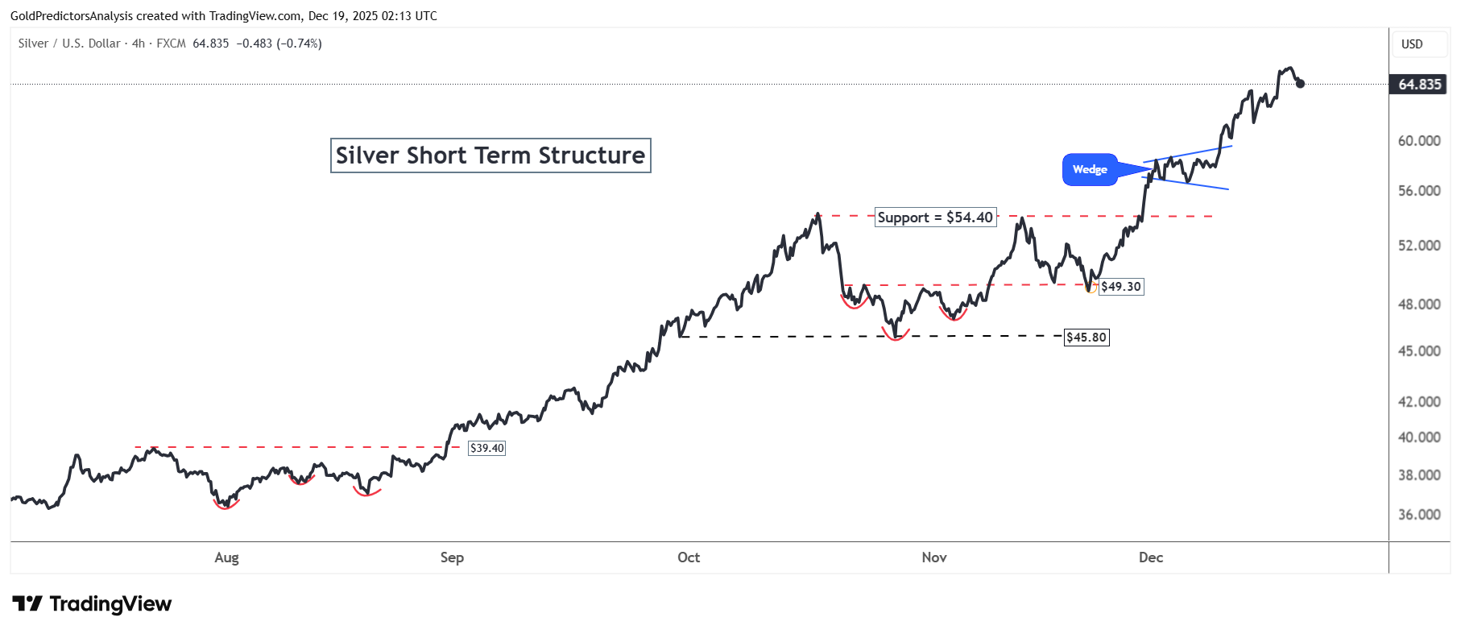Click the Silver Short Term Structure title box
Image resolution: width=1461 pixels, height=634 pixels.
pos(490,155)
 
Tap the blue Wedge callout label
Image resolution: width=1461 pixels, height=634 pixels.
pos(1090,169)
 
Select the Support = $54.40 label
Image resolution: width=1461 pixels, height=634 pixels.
pos(935,218)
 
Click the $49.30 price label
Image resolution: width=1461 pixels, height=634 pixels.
pos(1120,287)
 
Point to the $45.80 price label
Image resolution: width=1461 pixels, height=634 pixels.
pos(1086,338)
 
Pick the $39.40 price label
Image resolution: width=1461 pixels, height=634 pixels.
pos(486,448)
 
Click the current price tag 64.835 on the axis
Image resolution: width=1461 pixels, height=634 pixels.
pos(1419,85)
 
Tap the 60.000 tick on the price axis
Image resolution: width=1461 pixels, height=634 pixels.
pos(1419,141)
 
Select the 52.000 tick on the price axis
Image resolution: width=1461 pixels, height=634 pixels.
pos(1419,246)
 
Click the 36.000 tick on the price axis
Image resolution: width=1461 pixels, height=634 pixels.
pos(1419,515)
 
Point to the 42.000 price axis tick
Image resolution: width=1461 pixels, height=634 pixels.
pos(1419,402)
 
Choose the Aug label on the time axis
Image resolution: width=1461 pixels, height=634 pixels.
pos(226,557)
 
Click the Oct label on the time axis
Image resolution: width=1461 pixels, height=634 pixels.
pos(689,557)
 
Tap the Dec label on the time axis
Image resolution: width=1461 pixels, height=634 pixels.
pos(1151,557)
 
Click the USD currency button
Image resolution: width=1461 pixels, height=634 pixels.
pos(1412,44)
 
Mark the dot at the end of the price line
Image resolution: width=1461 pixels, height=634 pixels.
pos(1300,83)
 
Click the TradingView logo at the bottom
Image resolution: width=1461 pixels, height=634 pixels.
pos(93,604)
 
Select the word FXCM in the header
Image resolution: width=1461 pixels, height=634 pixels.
pos(171,44)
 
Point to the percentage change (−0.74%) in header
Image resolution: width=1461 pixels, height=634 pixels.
pos(299,44)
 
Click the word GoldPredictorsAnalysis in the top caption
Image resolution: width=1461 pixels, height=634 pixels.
pos(72,16)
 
